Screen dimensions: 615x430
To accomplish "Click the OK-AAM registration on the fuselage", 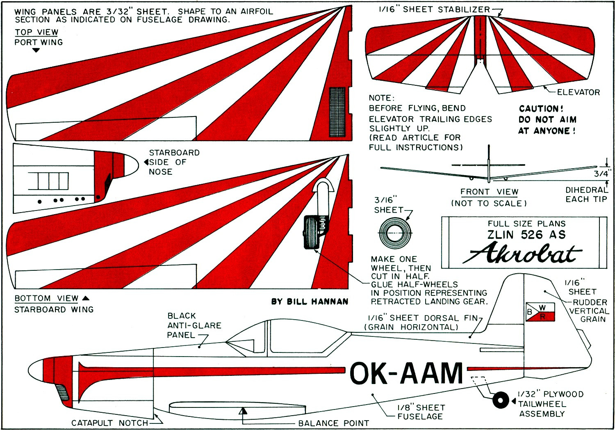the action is click(406, 373).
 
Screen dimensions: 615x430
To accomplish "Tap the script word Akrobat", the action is click(522, 253).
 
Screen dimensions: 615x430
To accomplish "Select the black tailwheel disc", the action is click(500, 400).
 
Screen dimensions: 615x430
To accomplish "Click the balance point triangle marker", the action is click(243, 411).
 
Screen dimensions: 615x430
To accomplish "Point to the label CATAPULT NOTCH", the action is click(109, 423).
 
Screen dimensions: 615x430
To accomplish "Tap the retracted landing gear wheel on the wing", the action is click(310, 232).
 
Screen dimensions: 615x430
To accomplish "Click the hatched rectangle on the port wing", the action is click(337, 112).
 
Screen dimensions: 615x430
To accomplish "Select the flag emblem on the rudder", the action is click(540, 312).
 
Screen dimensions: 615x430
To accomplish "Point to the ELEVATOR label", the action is click(578, 92).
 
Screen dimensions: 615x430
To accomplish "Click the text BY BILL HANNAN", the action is click(310, 302).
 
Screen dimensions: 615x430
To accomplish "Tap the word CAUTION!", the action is click(541, 109).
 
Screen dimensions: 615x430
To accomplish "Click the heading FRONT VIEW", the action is click(489, 192).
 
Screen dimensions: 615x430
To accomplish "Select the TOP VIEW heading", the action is click(36, 32).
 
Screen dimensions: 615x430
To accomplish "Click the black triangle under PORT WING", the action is click(36, 50).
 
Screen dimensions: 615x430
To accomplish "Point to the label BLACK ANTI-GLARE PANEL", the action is click(194, 325).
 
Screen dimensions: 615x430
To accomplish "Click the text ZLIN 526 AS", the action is click(526, 235).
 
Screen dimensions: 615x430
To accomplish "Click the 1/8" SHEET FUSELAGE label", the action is click(421, 412).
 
